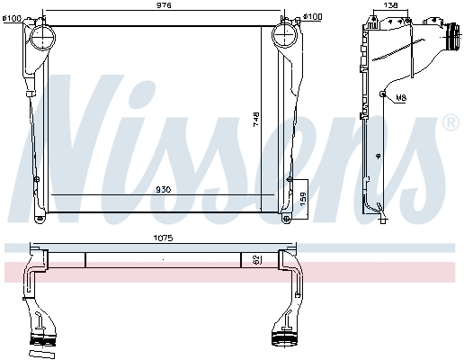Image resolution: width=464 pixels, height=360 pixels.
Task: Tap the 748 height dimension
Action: (x=281, y=119)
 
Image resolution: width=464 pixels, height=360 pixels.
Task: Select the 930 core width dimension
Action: (x=164, y=188)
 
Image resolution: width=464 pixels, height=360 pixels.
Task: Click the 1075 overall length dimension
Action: (x=162, y=238)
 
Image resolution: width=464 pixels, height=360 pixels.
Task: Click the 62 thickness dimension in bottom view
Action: (x=257, y=259)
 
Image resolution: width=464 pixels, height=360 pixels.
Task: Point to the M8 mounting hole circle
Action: (x=384, y=94)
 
